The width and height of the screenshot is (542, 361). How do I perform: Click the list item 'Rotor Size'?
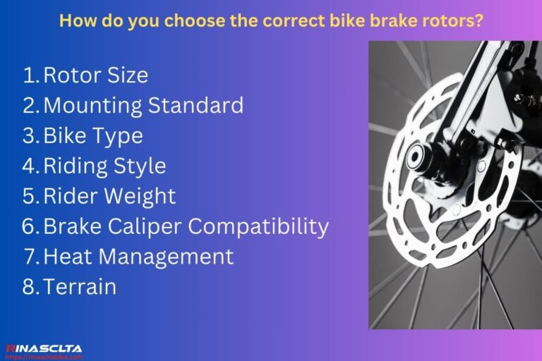click(95, 75)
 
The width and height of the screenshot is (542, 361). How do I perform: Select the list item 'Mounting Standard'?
click(143, 106)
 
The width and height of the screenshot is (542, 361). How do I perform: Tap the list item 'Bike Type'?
click(93, 135)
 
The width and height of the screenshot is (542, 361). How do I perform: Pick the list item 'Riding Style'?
click(104, 166)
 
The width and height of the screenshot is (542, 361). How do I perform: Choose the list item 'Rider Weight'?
click(109, 196)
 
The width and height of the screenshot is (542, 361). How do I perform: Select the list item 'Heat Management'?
click(138, 257)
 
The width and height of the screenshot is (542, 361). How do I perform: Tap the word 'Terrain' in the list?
click(80, 287)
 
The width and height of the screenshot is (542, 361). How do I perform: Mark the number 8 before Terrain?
click(30, 287)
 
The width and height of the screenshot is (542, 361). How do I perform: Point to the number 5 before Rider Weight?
click(30, 196)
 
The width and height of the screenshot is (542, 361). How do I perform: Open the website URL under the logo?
click(44, 357)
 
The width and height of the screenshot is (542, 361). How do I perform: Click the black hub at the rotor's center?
click(416, 154)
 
